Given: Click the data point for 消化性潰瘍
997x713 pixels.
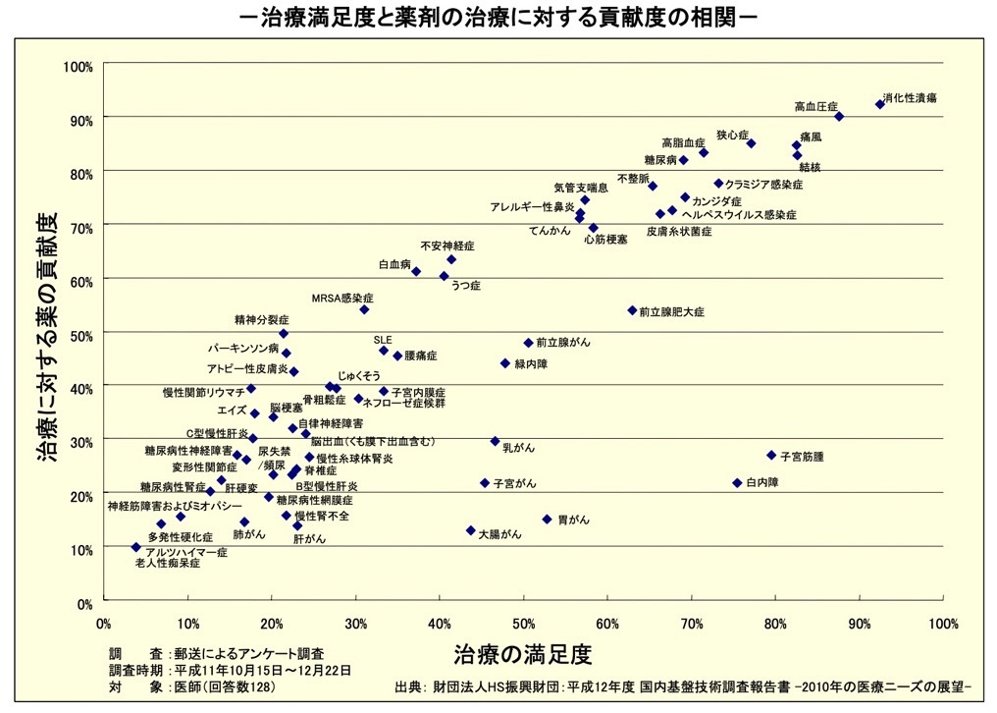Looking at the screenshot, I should (x=879, y=103).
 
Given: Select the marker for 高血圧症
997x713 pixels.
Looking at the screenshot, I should (x=839, y=116).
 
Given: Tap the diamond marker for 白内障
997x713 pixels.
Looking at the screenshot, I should (x=737, y=483).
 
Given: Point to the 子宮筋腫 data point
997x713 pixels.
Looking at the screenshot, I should (x=771, y=456).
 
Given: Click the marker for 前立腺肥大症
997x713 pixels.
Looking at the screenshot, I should (x=632, y=310).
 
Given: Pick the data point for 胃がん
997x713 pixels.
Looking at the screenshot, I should (x=547, y=520).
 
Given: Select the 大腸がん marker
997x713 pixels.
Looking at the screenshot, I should (x=470, y=530).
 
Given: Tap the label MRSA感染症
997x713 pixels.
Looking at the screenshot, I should (x=342, y=297).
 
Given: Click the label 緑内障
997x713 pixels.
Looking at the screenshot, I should (x=531, y=363).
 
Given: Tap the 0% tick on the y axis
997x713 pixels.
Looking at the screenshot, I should (x=84, y=602).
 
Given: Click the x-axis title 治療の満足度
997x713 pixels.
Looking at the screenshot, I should (x=524, y=651).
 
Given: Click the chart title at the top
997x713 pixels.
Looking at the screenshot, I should (x=498, y=19).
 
